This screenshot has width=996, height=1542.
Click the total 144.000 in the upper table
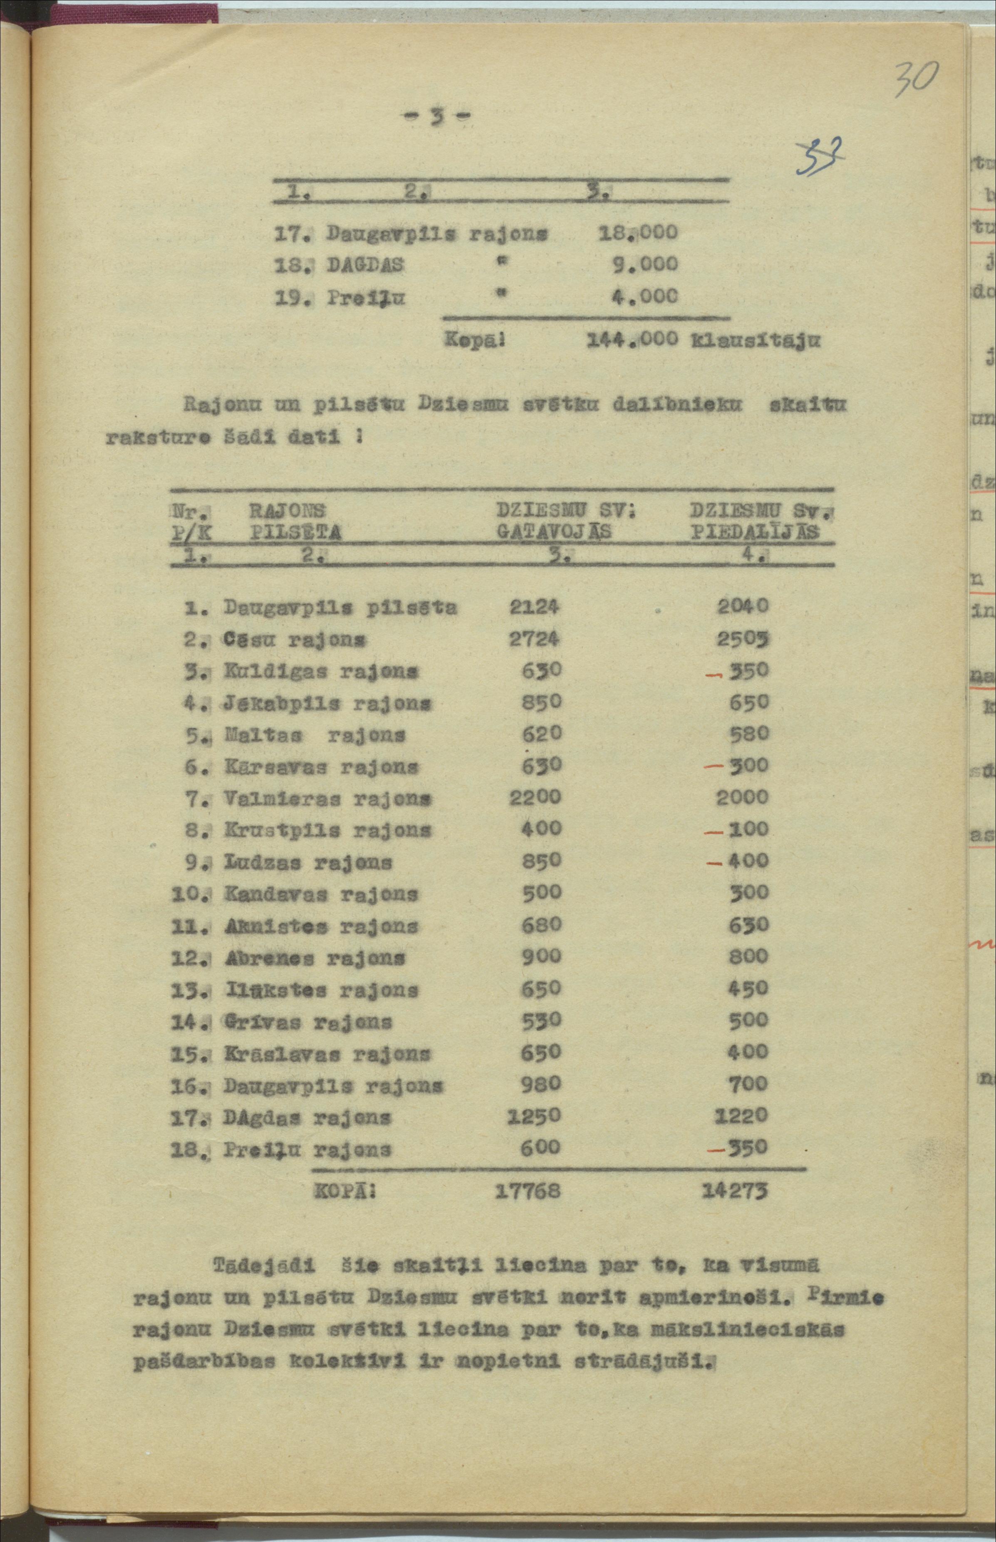(632, 340)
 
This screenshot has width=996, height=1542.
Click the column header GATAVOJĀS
(554, 532)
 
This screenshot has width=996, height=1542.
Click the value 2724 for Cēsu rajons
(533, 639)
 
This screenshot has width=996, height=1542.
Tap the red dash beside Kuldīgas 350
(714, 674)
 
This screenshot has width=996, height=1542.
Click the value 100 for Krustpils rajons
(748, 829)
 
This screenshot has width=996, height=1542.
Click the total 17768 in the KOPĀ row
(528, 1191)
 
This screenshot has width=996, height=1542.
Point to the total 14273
(735, 1191)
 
